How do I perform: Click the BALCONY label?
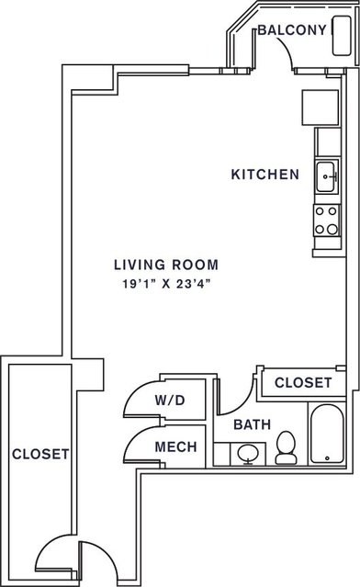(x=292, y=30)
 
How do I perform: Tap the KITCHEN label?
(x=265, y=175)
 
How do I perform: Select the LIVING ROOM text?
(x=166, y=265)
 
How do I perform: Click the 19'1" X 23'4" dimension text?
(x=166, y=284)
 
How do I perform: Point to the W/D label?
(x=170, y=401)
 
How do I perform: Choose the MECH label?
(x=176, y=446)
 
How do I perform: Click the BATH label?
(x=253, y=424)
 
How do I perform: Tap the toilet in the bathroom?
(x=286, y=447)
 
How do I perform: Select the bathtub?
(x=327, y=434)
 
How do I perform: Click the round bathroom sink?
(x=248, y=454)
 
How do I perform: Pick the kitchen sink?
(x=326, y=176)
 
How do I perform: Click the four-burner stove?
(x=326, y=220)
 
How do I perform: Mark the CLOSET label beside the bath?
(x=303, y=382)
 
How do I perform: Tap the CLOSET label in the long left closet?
(x=40, y=454)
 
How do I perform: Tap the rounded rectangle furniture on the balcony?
(x=342, y=36)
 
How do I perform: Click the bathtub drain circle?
(x=327, y=458)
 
